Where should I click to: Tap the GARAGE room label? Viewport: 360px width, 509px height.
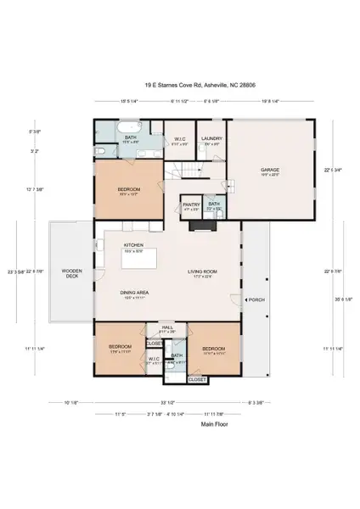click(x=269, y=170)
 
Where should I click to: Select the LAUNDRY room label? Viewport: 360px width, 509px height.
click(x=211, y=138)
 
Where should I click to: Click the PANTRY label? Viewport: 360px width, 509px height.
click(x=190, y=204)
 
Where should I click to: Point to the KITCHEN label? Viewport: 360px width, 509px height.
click(x=134, y=245)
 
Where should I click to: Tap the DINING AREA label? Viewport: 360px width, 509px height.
click(x=134, y=293)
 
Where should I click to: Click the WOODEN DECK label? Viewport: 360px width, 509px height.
click(x=71, y=273)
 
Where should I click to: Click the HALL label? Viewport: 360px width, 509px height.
click(x=167, y=327)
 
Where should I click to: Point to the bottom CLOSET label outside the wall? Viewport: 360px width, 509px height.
click(x=196, y=379)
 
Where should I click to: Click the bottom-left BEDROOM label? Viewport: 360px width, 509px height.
click(x=120, y=347)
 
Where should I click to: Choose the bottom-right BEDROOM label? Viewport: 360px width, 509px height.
click(x=213, y=348)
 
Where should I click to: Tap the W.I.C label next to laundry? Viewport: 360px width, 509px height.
click(x=180, y=140)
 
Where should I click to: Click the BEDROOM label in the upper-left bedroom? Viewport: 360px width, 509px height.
click(x=128, y=188)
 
